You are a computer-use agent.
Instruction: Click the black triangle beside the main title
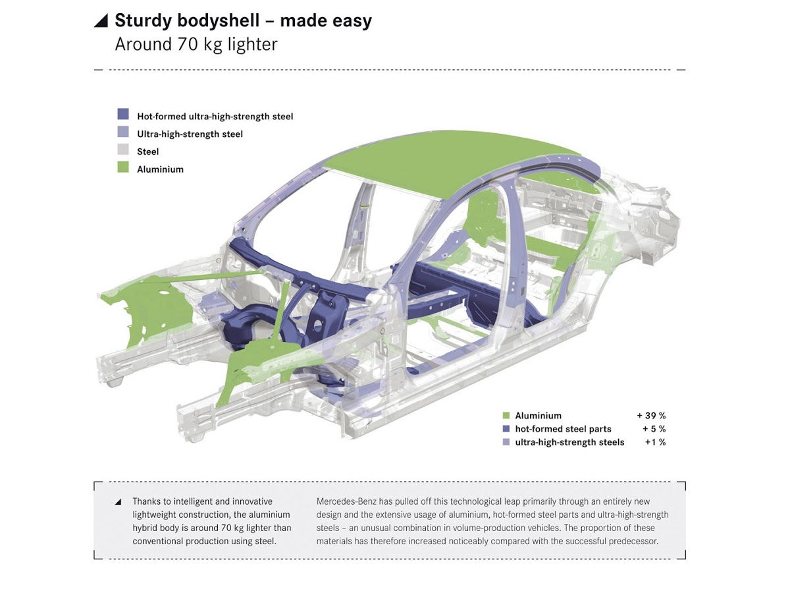click(101, 21)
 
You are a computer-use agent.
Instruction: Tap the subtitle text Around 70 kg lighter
click(196, 45)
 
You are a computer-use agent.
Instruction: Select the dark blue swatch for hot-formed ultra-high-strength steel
click(123, 115)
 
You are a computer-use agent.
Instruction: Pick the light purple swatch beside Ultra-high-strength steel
click(123, 132)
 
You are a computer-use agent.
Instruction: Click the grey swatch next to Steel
click(123, 150)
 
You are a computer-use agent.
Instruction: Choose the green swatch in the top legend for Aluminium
click(123, 167)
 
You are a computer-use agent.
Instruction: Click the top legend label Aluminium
click(160, 169)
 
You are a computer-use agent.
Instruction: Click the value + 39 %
click(651, 416)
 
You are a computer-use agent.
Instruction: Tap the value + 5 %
click(654, 429)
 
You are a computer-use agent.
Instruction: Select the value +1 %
click(655, 442)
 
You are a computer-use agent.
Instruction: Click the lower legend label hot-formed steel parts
click(563, 429)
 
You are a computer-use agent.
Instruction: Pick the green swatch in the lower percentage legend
click(506, 416)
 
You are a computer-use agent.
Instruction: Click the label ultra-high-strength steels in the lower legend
click(569, 442)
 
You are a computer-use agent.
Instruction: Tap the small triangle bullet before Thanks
click(118, 502)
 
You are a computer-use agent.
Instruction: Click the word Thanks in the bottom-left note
click(147, 502)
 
